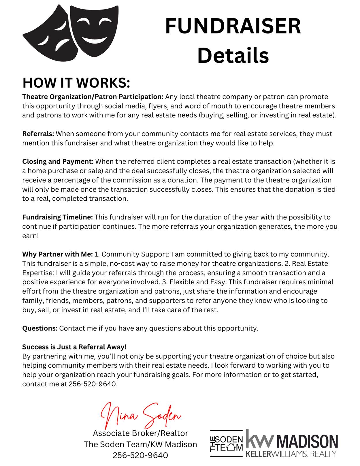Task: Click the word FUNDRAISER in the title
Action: (x=233, y=26)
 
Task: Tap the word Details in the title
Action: (x=233, y=55)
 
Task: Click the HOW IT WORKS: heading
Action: (x=76, y=83)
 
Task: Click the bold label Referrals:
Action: (x=38, y=134)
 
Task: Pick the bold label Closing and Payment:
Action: (x=58, y=161)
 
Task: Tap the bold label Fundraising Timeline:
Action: (x=57, y=217)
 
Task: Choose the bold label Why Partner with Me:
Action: (x=57, y=254)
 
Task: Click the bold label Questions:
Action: (x=40, y=328)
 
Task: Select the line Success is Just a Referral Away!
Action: (x=74, y=347)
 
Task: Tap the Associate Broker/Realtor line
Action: (x=140, y=433)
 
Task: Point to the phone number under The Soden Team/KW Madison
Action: (x=140, y=455)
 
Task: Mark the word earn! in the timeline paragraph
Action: (x=30, y=236)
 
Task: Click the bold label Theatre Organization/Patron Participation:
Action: (x=93, y=97)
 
